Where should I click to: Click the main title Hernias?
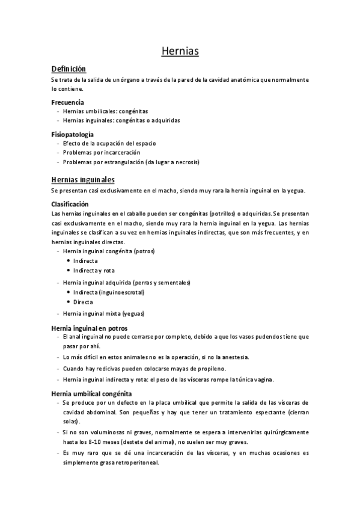180,52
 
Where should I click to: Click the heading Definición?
69,69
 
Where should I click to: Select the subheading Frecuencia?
67,102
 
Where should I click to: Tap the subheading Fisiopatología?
72,135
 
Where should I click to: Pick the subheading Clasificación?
70,204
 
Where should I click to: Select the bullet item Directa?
83,302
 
